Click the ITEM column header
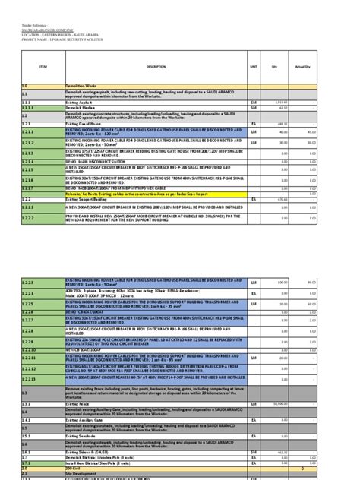pyautogui.click(x=43, y=67)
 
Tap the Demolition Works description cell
pyautogui.click(x=84, y=86)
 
